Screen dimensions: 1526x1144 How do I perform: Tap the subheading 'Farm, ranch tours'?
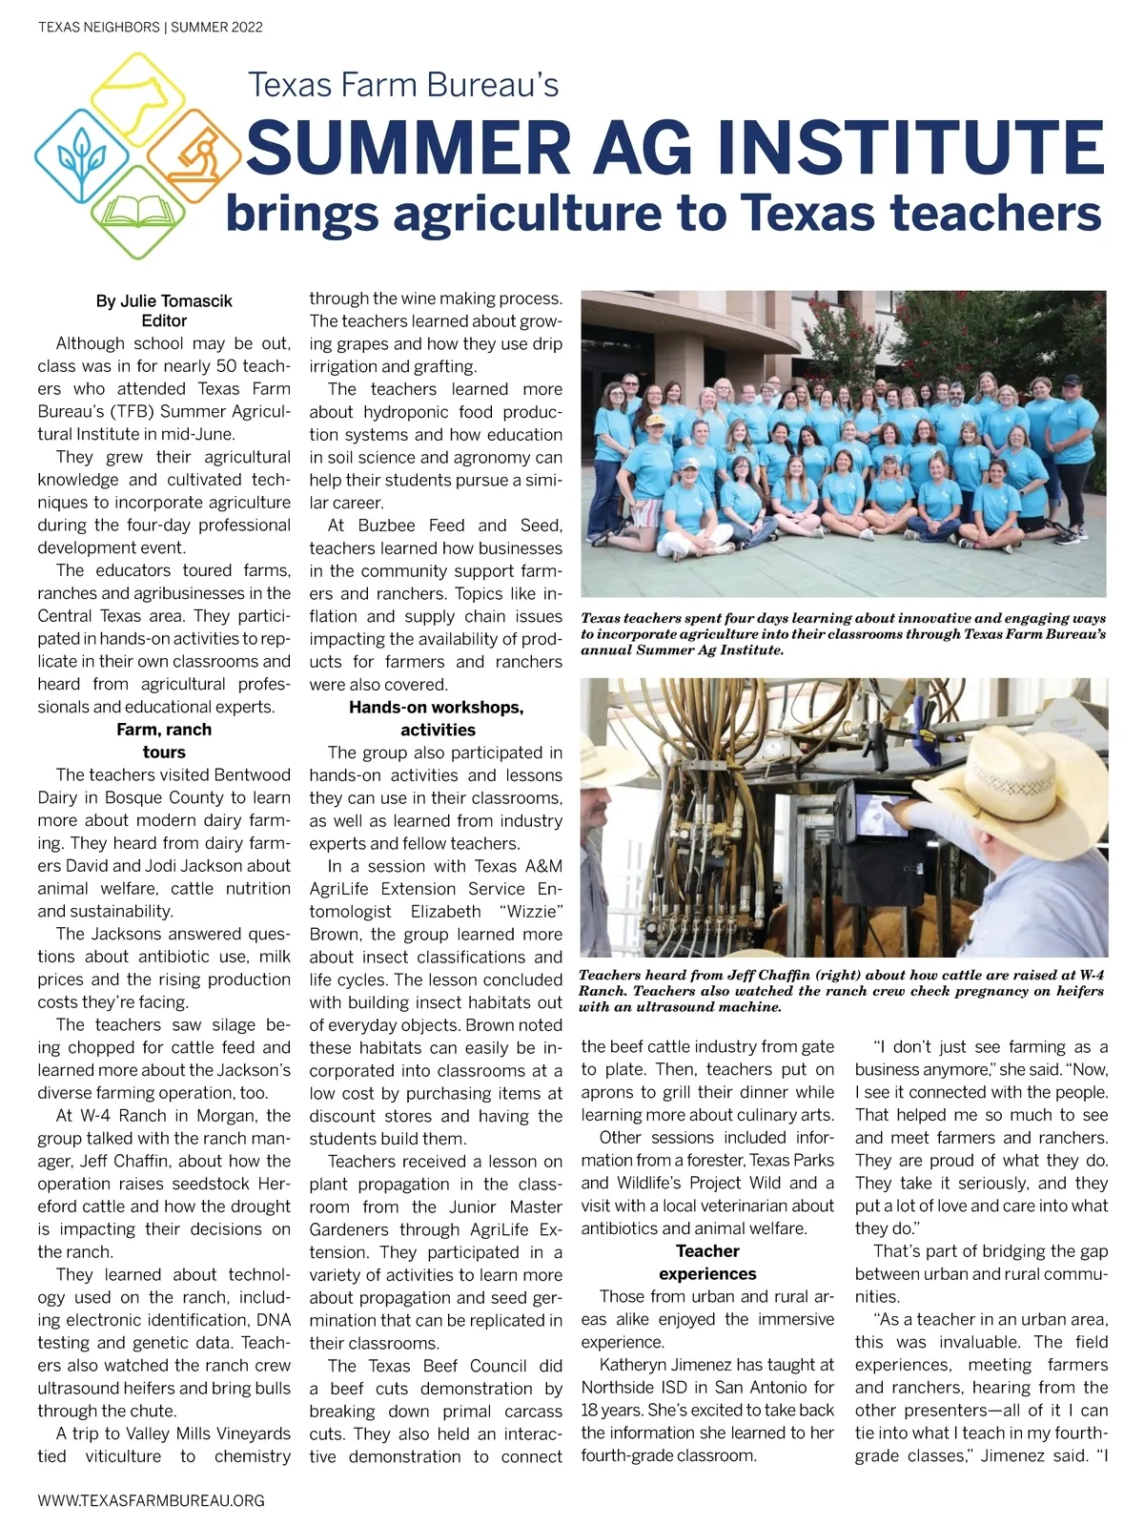point(164,741)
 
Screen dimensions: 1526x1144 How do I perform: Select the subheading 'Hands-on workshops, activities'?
point(437,718)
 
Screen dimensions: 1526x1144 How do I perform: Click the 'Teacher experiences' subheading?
point(707,1262)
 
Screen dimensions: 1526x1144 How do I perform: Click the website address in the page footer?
point(152,1500)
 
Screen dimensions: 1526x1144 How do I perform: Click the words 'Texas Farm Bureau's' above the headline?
point(403,85)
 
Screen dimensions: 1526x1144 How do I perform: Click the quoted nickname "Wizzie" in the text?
point(531,911)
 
